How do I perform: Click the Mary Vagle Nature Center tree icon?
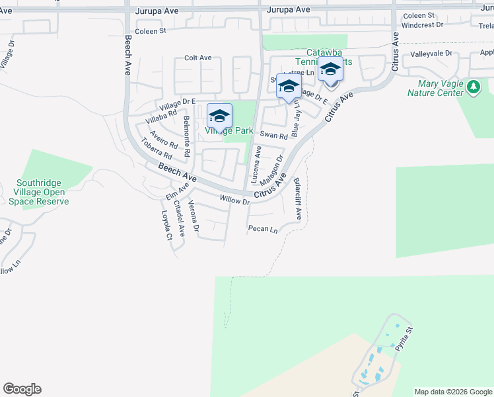coord(473,87)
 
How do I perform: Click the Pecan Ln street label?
coord(263,229)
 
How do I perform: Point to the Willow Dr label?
coord(234,199)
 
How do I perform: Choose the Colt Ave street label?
coord(197,58)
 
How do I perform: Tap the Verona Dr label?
coord(194,217)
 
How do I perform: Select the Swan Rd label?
coord(273,135)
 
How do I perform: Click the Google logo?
coord(22,389)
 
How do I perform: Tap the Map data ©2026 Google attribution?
coord(453,392)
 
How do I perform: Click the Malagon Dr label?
coord(271,171)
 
